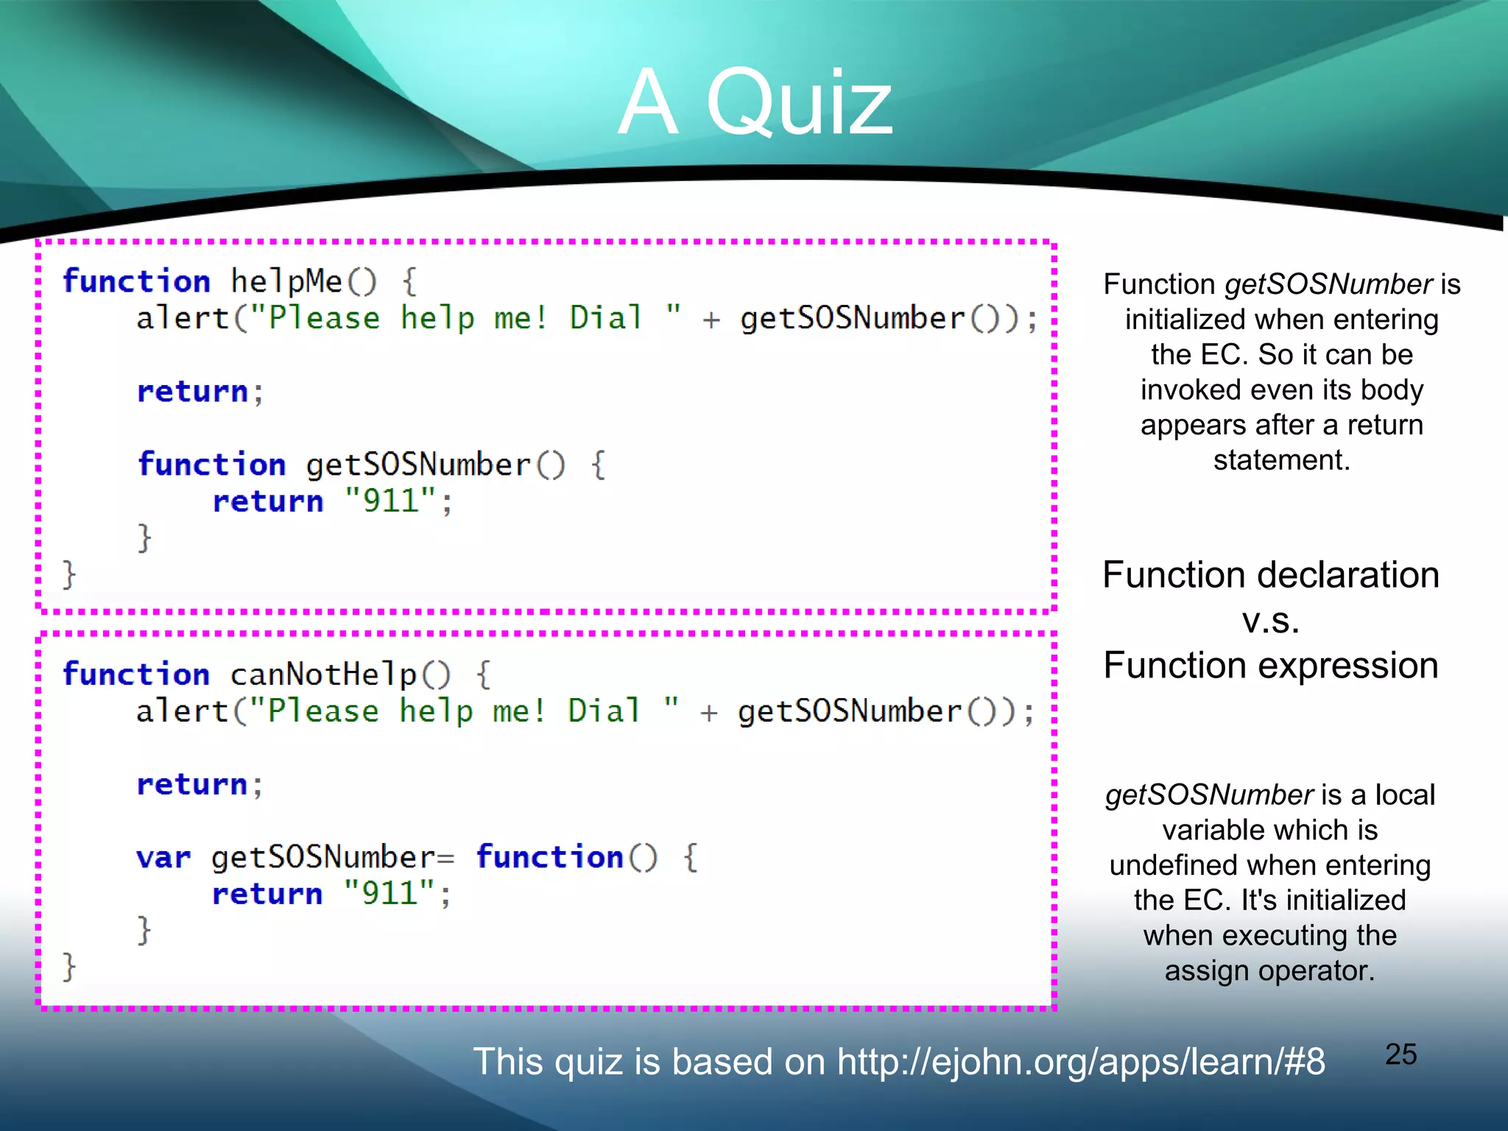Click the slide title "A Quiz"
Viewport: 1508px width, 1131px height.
755,102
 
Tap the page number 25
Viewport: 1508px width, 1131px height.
1400,1054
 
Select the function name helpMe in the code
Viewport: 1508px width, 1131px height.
286,282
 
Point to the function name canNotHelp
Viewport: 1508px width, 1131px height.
323,674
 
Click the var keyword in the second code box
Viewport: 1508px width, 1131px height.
163,858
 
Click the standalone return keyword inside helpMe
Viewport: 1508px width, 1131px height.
193,392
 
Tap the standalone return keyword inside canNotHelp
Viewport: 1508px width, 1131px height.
192,784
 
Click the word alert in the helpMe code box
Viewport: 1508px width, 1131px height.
183,319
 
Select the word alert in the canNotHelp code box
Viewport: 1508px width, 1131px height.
183,711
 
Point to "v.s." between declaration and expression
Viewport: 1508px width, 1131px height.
1270,620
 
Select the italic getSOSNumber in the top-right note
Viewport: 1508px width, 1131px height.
1328,284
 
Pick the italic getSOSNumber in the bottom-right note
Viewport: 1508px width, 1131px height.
1209,795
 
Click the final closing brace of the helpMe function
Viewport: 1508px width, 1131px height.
68,574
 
